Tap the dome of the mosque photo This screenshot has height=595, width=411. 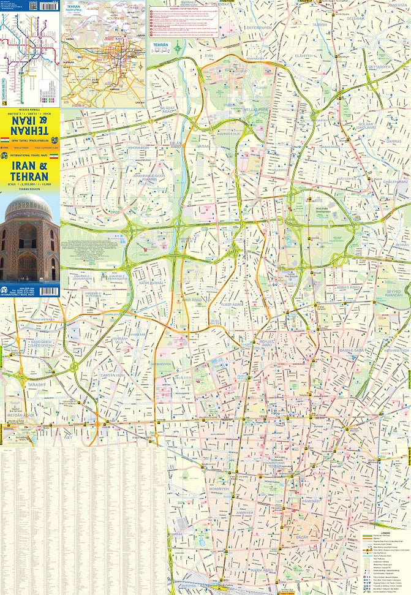coord(29,208)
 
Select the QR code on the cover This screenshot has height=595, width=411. coord(32,6)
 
